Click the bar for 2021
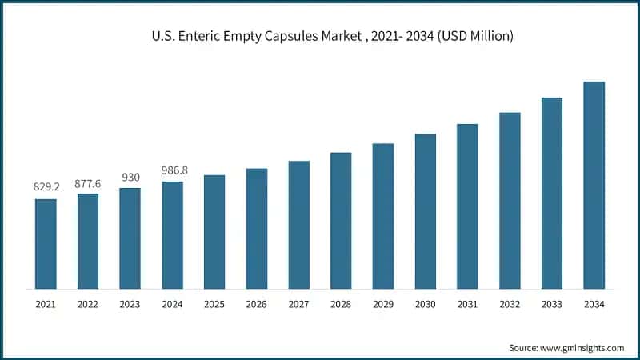46,243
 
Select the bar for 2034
594,185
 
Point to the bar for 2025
214,231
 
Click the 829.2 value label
46,186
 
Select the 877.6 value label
88,182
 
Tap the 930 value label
130,177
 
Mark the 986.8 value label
172,170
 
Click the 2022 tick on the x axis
88,305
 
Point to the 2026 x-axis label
256,305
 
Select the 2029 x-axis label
383,305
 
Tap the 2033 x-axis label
552,305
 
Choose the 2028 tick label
341,305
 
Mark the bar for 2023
130,238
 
